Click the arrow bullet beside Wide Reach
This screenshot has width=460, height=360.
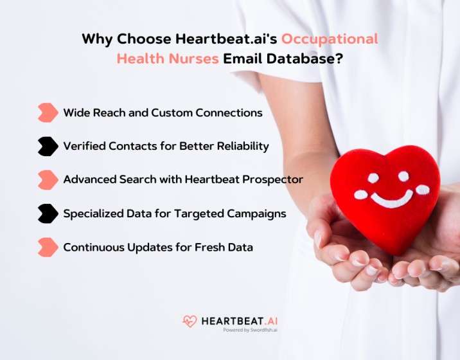tap(48, 113)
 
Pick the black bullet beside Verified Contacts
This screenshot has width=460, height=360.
tap(48, 146)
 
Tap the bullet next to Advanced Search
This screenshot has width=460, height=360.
tap(48, 180)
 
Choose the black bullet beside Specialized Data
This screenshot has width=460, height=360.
tap(48, 213)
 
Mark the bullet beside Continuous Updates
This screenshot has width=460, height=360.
tap(48, 247)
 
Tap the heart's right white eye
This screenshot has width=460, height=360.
tap(403, 176)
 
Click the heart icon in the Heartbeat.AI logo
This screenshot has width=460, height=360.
tap(190, 321)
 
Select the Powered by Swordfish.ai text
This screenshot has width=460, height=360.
tap(250, 330)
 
